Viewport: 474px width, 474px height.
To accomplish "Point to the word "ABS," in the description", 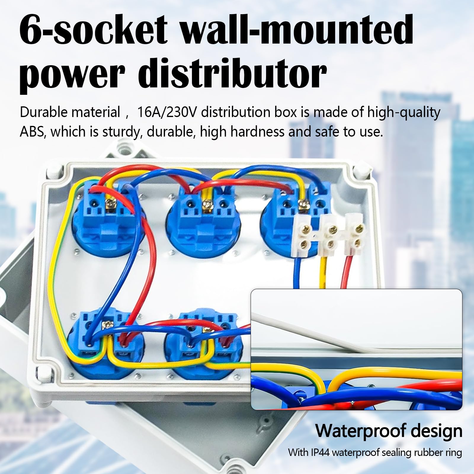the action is (x=32, y=132).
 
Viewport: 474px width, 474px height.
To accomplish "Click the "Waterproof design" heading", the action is (x=388, y=431).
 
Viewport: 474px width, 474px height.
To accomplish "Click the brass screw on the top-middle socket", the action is (x=205, y=204).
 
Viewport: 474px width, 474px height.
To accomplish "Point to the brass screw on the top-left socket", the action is (x=111, y=204).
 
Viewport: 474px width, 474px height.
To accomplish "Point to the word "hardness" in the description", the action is (x=257, y=132).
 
